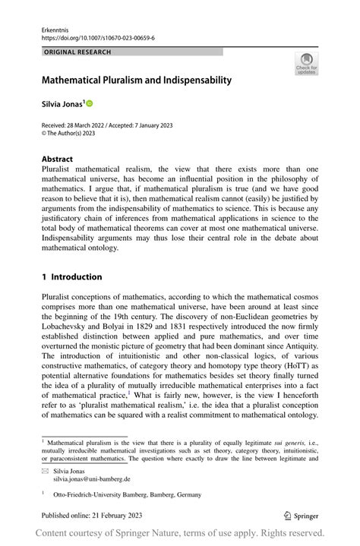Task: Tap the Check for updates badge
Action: point(306,64)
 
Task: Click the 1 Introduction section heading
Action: point(76,277)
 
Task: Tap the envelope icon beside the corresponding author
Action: point(45,471)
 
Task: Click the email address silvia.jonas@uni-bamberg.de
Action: point(91,480)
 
